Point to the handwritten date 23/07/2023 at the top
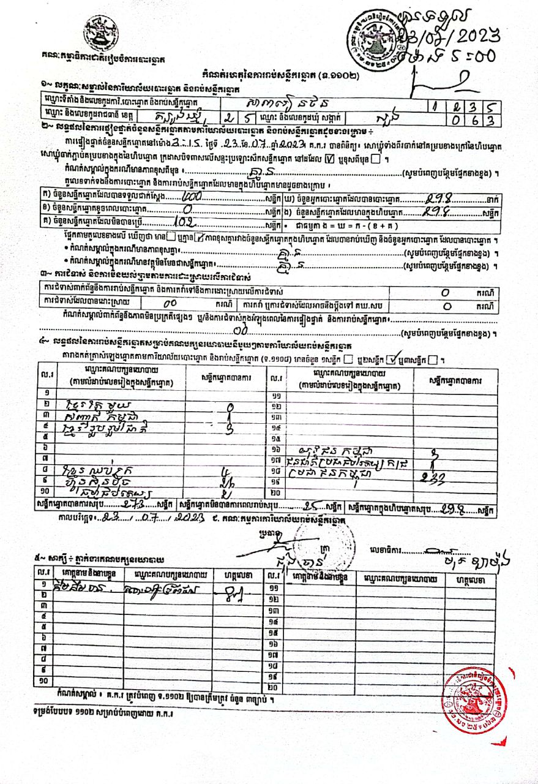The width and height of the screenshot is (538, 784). click(x=450, y=33)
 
